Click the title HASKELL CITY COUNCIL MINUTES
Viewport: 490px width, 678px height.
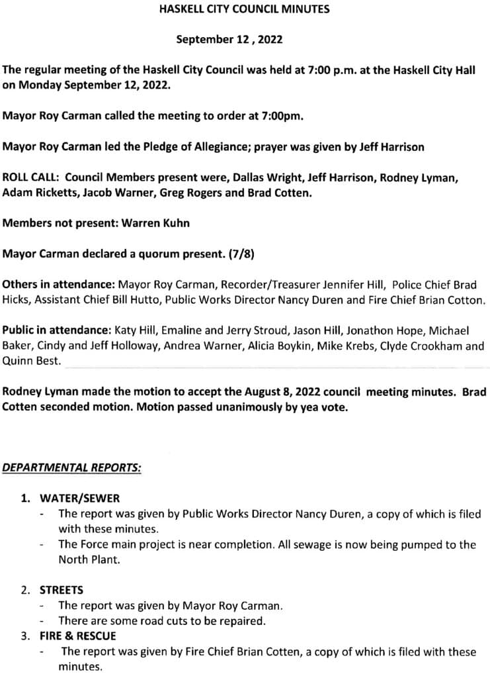pos(245,9)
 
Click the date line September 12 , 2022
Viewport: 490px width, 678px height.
pos(229,40)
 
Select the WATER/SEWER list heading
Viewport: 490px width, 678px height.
pos(79,498)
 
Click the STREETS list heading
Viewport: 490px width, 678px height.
pos(61,589)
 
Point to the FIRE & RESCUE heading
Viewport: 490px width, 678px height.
pos(77,636)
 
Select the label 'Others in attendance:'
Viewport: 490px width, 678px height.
pos(59,285)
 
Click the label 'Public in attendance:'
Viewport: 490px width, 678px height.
pos(58,330)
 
